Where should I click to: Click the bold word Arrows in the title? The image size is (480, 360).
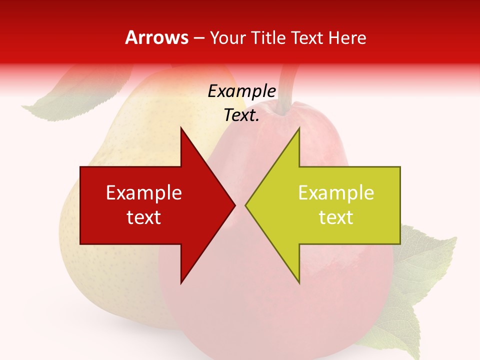[157, 37]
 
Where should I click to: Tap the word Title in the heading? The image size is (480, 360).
[268, 37]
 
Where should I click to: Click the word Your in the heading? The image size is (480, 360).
[228, 37]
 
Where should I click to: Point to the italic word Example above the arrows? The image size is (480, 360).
[241, 91]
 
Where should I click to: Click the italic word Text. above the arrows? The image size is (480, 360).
[241, 115]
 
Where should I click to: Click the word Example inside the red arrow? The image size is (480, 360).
[144, 193]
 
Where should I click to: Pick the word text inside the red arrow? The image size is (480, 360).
[144, 217]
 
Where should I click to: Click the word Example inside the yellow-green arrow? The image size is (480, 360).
[336, 193]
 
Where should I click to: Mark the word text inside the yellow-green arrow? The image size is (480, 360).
[336, 217]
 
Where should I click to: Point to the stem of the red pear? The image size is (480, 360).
[287, 87]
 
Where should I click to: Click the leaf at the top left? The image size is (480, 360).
[65, 100]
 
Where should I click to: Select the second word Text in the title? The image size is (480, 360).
[307, 37]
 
